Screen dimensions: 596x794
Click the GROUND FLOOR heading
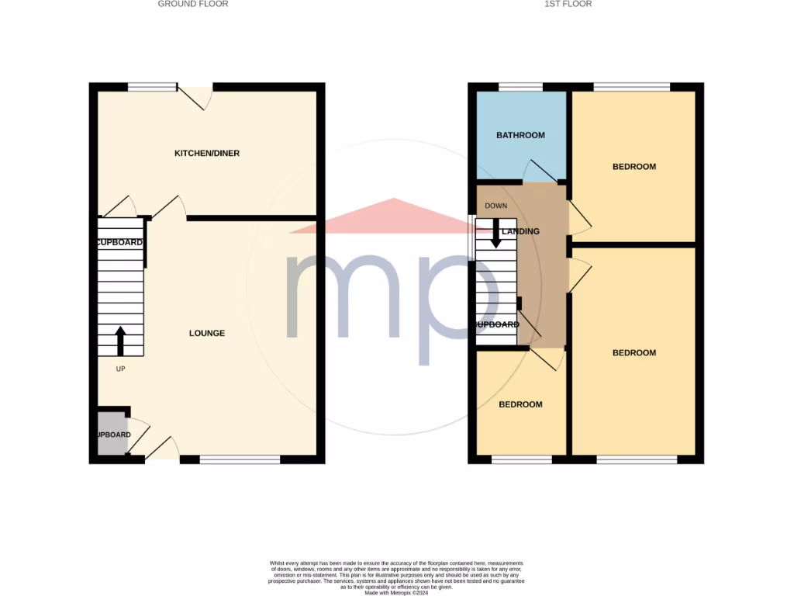pyautogui.click(x=193, y=4)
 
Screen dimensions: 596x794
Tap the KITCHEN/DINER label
pyautogui.click(x=207, y=154)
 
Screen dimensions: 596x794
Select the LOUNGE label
pyautogui.click(x=207, y=333)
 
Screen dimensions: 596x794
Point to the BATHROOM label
pyautogui.click(x=520, y=135)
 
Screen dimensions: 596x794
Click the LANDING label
pyautogui.click(x=520, y=231)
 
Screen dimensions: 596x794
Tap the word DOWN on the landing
pyautogui.click(x=495, y=206)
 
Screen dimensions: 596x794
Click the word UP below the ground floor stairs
pyautogui.click(x=120, y=369)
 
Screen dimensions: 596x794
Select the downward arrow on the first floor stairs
pyautogui.click(x=495, y=234)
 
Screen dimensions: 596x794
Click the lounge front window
pyautogui.click(x=240, y=460)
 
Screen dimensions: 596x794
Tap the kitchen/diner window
pyautogui.click(x=153, y=87)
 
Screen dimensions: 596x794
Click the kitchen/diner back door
pyautogui.click(x=195, y=96)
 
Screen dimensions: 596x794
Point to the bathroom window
pyautogui.click(x=520, y=87)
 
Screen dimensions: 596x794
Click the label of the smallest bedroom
pyautogui.click(x=520, y=404)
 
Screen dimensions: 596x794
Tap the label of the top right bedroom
pyautogui.click(x=634, y=167)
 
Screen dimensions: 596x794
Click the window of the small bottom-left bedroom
pyautogui.click(x=522, y=460)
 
